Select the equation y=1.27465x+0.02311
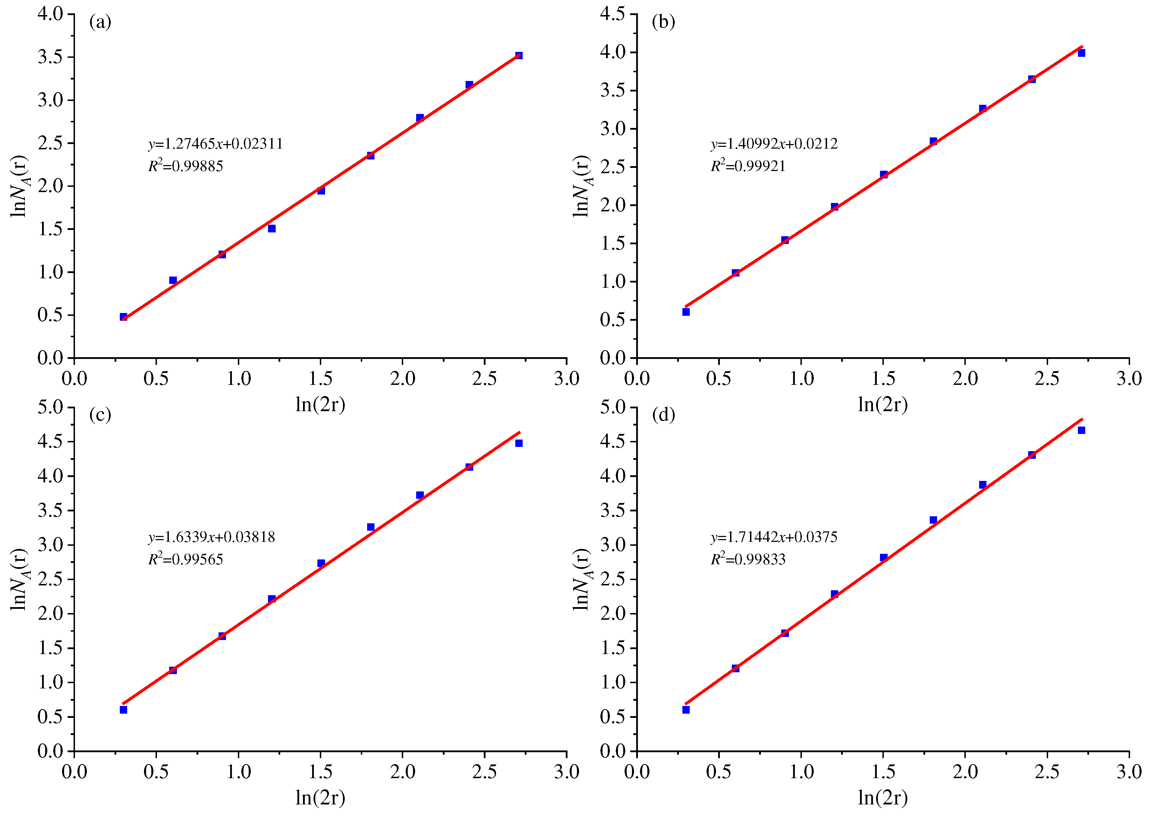[x=215, y=144]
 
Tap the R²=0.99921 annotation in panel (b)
[x=748, y=165]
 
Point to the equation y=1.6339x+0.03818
[x=212, y=537]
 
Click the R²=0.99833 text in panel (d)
[x=748, y=559]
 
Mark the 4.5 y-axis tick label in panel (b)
[x=612, y=14]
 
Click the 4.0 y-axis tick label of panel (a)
[x=50, y=14]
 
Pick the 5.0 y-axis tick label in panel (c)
[x=50, y=407]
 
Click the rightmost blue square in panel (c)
[x=519, y=443]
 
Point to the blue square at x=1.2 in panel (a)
[x=272, y=229]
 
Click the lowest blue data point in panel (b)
[x=686, y=312]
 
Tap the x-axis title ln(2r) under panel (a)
[x=321, y=404]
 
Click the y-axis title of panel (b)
[x=581, y=186]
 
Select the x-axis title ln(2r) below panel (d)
[x=883, y=798]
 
